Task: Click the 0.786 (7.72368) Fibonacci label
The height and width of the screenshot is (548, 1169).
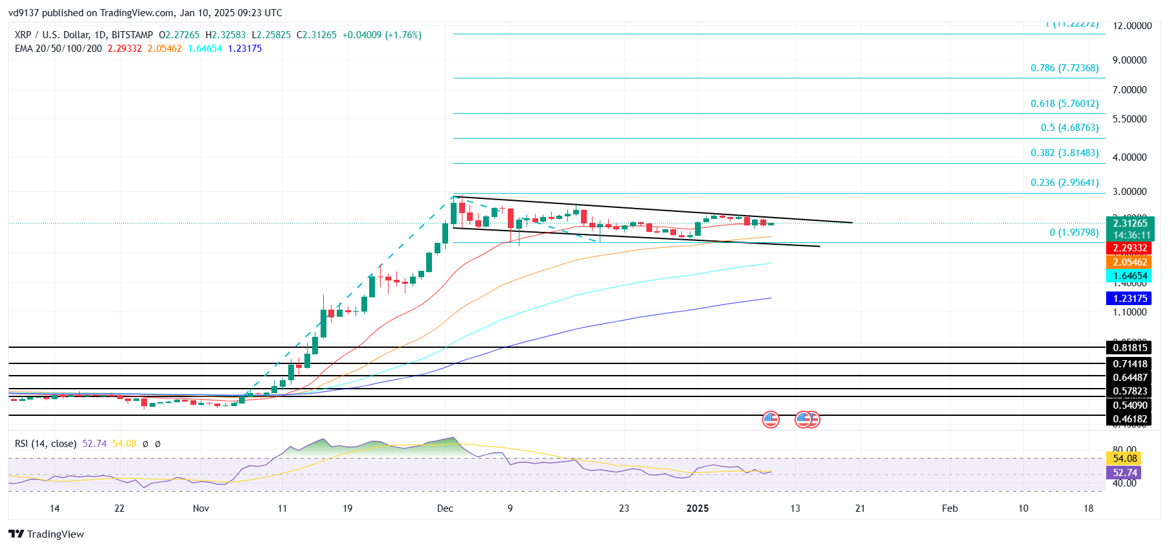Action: pos(1064,68)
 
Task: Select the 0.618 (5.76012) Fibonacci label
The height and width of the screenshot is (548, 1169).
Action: pos(1064,104)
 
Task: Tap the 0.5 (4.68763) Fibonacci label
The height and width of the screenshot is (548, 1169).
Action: pos(1069,128)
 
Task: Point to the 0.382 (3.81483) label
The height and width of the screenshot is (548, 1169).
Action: pos(1064,153)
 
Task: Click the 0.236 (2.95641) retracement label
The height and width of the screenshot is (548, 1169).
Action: pos(1064,183)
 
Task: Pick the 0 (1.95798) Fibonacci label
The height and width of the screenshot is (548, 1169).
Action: pos(1074,233)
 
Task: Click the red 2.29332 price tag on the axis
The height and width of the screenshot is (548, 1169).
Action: pos(1129,248)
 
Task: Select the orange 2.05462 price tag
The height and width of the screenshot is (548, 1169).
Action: pos(1129,262)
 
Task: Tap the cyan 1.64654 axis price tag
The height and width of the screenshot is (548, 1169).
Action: pos(1129,276)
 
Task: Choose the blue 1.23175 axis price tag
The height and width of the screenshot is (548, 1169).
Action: pos(1129,299)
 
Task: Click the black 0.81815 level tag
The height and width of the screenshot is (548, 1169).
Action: pos(1129,348)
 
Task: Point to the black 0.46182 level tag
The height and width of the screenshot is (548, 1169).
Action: pos(1129,419)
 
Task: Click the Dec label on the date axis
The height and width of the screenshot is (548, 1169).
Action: pos(445,508)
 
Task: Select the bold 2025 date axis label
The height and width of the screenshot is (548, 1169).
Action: pos(698,508)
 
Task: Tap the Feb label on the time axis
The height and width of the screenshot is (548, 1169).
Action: pos(949,508)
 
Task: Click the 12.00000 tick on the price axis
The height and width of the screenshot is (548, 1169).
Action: pos(1132,26)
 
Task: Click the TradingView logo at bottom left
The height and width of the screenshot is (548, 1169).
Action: pos(47,534)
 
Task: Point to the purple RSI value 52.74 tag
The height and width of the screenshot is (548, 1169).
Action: pos(1125,473)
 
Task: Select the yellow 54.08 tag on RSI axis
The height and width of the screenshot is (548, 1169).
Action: pos(1125,459)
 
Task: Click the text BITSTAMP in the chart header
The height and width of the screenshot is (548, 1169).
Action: pos(132,35)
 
